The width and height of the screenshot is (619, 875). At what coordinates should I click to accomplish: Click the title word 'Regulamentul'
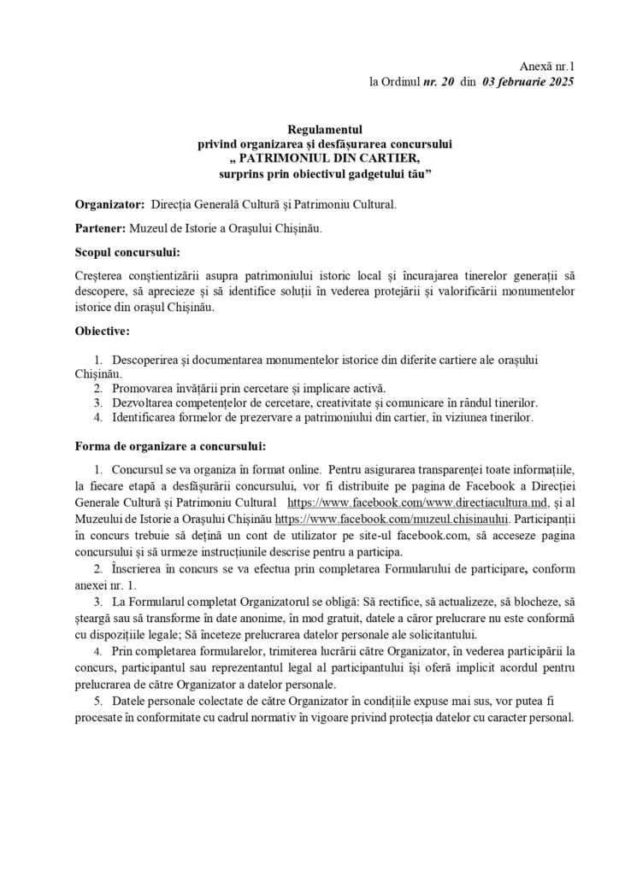click(x=309, y=131)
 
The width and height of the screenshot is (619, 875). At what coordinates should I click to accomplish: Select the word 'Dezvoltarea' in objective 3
click(x=144, y=403)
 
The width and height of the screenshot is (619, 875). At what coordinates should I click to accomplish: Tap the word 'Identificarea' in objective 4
click(x=147, y=418)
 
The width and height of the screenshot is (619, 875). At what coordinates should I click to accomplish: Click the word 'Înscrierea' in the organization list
click(x=139, y=568)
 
